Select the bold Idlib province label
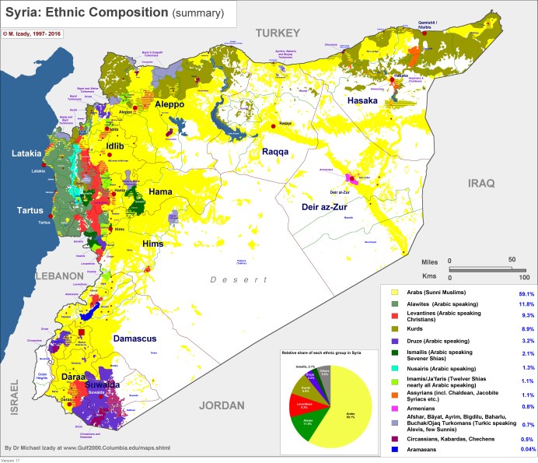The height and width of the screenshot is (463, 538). tap(116, 146)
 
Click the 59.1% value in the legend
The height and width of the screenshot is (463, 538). tap(523, 293)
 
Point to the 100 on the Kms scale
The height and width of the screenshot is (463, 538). tap(523, 278)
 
